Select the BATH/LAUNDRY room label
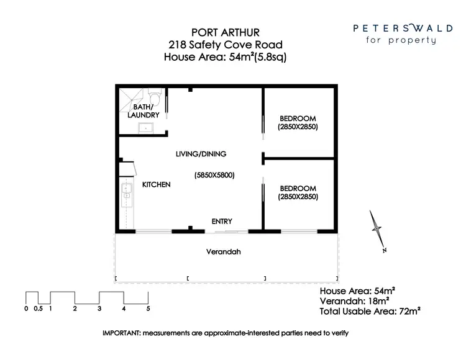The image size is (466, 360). [x=144, y=111]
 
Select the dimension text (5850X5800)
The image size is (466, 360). [x=214, y=175]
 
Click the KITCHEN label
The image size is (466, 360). [x=156, y=185]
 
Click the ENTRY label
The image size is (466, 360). [x=222, y=222]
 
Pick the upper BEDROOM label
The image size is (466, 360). [x=298, y=119]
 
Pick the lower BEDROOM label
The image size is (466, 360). [x=298, y=189]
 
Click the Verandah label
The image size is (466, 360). [x=223, y=252]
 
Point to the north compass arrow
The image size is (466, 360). [x=377, y=229]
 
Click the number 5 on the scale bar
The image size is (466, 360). [x=148, y=308]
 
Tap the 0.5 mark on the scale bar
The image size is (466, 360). [x=38, y=308]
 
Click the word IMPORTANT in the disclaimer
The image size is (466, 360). [x=122, y=333]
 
